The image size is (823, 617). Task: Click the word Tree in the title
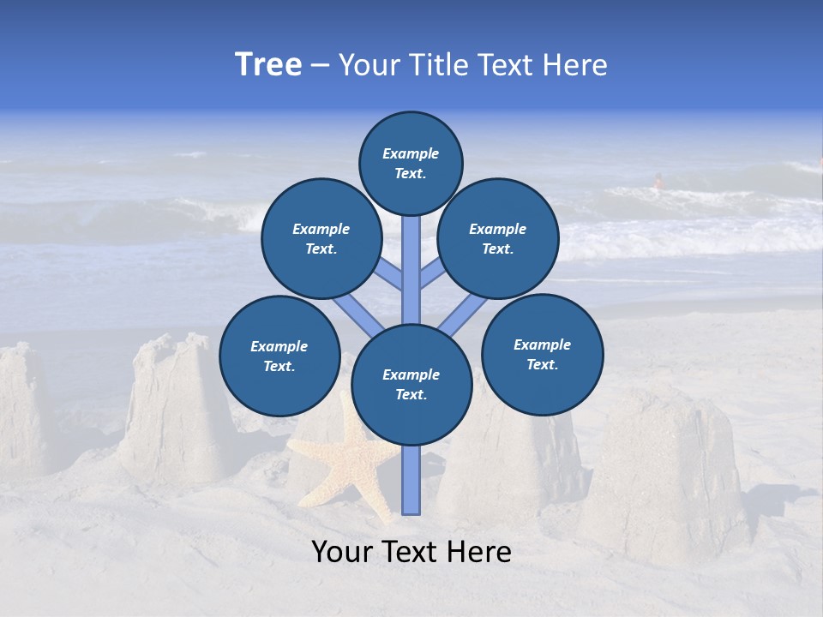(x=268, y=64)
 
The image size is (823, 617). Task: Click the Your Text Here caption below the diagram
(x=411, y=552)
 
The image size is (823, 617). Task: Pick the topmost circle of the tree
(x=411, y=163)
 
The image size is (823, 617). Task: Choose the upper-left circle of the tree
(x=321, y=238)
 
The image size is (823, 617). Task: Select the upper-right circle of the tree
(x=498, y=238)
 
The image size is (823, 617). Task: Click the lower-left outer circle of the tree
(x=279, y=356)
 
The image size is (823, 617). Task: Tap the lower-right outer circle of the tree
(x=542, y=354)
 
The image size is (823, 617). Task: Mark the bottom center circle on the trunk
(x=411, y=384)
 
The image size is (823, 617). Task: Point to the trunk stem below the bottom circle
(x=411, y=480)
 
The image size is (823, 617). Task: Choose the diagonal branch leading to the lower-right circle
(x=463, y=313)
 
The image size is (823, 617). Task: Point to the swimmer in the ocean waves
(x=658, y=181)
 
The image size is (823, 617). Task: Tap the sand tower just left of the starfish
(x=176, y=411)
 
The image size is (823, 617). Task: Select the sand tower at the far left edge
(x=21, y=411)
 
